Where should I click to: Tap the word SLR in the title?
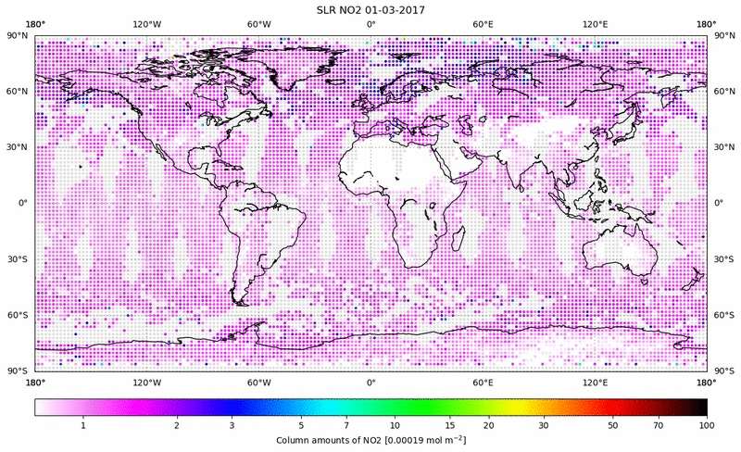pos(328,9)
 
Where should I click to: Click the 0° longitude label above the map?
pos(370,24)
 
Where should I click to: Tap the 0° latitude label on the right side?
pos(718,203)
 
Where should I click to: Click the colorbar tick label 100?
pos(707,424)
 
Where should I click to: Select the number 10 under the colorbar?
pos(395,424)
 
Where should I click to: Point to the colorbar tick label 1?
pos(83,424)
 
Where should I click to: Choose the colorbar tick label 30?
pos(545,424)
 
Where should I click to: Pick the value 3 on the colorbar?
pos(232,424)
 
